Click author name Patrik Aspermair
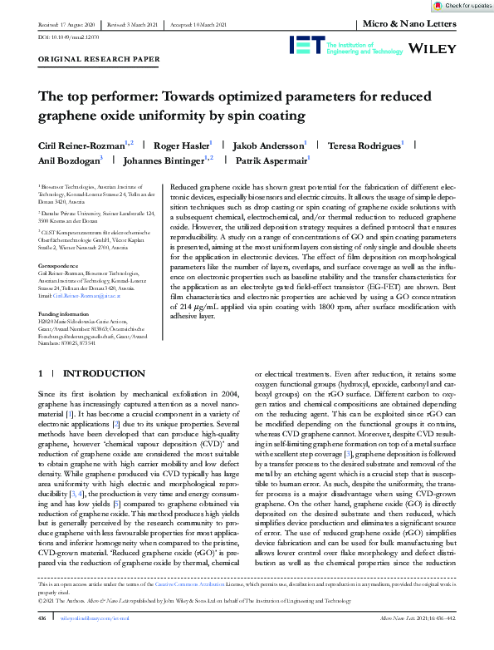click(271, 160)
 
